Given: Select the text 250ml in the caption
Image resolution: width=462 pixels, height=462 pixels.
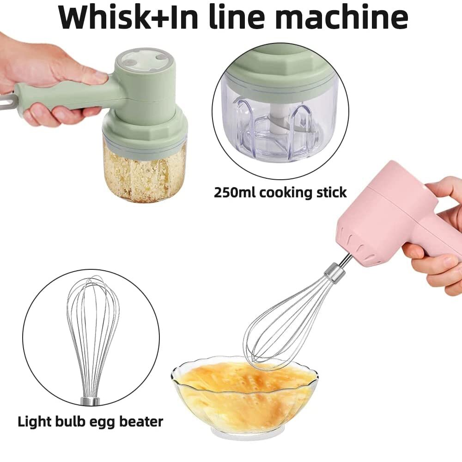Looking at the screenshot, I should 234,192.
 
